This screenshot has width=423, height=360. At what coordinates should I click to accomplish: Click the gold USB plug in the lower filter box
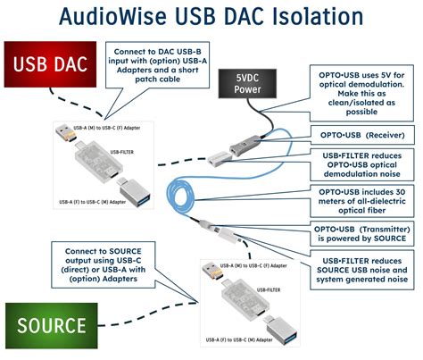coord(210,269)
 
